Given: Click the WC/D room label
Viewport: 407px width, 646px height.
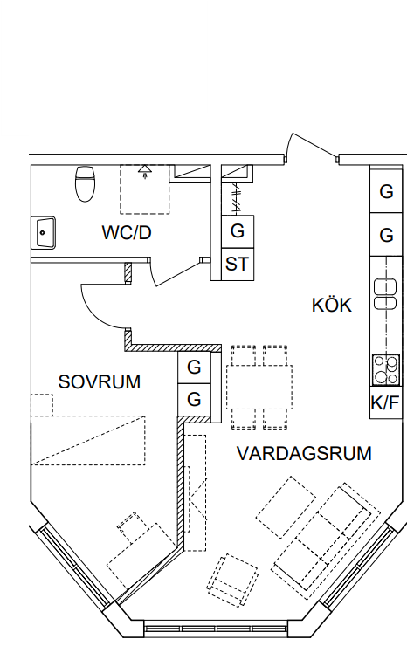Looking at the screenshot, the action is pyautogui.click(x=127, y=233).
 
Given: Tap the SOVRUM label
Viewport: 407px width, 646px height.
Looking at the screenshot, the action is pyautogui.click(x=100, y=381).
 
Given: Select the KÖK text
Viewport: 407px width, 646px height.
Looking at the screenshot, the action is pyautogui.click(x=332, y=306).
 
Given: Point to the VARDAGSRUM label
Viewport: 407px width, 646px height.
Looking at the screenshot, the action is pyautogui.click(x=304, y=453).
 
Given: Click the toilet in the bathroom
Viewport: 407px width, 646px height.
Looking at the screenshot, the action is pyautogui.click(x=86, y=183).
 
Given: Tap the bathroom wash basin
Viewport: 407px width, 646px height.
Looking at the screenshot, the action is pyautogui.click(x=44, y=232).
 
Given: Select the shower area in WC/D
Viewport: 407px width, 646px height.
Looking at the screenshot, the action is pyautogui.click(x=145, y=189).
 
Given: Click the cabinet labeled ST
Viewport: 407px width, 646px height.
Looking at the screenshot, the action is pyautogui.click(x=237, y=265).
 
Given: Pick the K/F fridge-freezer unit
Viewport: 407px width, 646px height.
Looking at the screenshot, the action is pyautogui.click(x=385, y=403).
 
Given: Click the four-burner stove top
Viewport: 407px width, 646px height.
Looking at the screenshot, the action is pyautogui.click(x=386, y=369).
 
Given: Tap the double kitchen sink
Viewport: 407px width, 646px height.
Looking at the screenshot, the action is pyautogui.click(x=385, y=294).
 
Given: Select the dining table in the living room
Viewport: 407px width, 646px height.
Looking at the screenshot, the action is pyautogui.click(x=259, y=387).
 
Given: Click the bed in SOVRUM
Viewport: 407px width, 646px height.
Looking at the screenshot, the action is pyautogui.click(x=88, y=441).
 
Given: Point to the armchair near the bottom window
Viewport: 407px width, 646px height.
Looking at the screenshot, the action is pyautogui.click(x=232, y=580).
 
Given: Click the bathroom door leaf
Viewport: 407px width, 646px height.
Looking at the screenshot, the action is pyautogui.click(x=177, y=273).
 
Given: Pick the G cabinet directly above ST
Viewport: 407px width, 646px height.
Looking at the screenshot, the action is pyautogui.click(x=237, y=231).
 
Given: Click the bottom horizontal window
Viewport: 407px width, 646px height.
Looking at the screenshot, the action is pyautogui.click(x=216, y=629).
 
